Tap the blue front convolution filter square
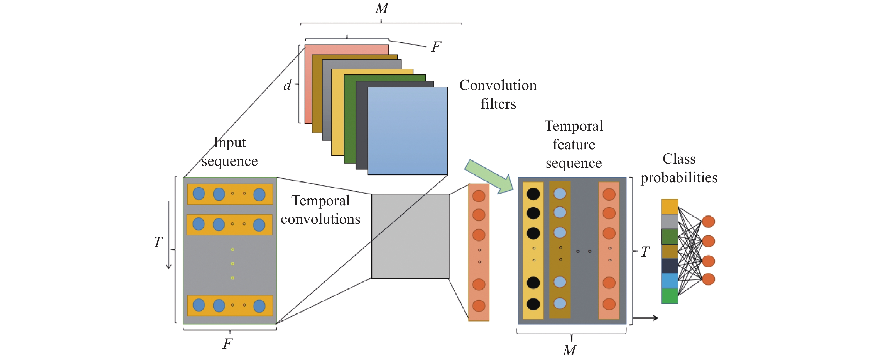408,131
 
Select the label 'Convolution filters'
498,94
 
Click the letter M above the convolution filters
382,8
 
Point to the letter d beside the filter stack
287,85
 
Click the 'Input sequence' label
229,152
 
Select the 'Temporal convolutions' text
320,210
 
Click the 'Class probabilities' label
679,168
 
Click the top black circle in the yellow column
533,194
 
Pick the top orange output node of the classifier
709,222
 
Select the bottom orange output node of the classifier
709,279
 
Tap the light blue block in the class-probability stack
670,281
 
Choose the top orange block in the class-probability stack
670,206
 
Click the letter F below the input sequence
227,344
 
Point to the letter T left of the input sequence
158,242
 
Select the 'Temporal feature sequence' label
574,144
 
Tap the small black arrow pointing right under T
645,318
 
